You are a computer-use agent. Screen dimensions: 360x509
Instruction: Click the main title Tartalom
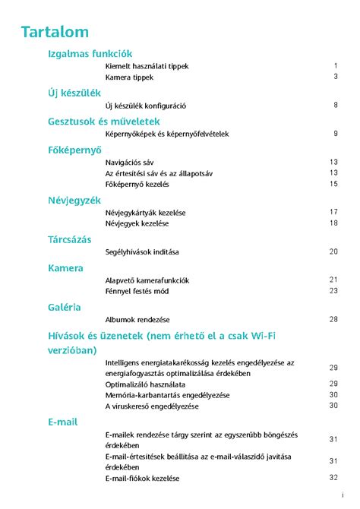pos(55,32)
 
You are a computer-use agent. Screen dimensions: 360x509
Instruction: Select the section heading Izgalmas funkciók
pos(90,54)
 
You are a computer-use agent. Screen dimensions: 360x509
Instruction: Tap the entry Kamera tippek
pos(129,77)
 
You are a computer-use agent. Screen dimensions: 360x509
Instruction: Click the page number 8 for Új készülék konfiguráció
pos(335,106)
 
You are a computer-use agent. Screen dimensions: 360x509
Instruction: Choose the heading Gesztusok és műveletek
pos(103,122)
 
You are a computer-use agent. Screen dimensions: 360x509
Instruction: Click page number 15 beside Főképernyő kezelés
pos(333,184)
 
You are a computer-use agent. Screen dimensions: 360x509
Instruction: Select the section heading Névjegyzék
pos(74,200)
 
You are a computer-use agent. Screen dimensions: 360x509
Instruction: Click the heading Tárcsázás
pos(70,239)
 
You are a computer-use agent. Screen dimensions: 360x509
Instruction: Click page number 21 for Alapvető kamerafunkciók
pos(333,280)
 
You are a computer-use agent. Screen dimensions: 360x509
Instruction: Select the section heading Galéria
pos(65,307)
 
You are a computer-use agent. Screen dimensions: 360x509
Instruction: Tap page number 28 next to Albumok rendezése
pos(333,319)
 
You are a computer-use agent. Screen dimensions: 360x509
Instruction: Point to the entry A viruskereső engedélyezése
pos(152,406)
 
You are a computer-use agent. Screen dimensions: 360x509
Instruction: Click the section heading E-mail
pos(63,422)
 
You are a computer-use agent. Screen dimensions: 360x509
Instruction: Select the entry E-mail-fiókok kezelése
pos(143,479)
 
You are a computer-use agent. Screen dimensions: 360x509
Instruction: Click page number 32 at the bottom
pos(333,478)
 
